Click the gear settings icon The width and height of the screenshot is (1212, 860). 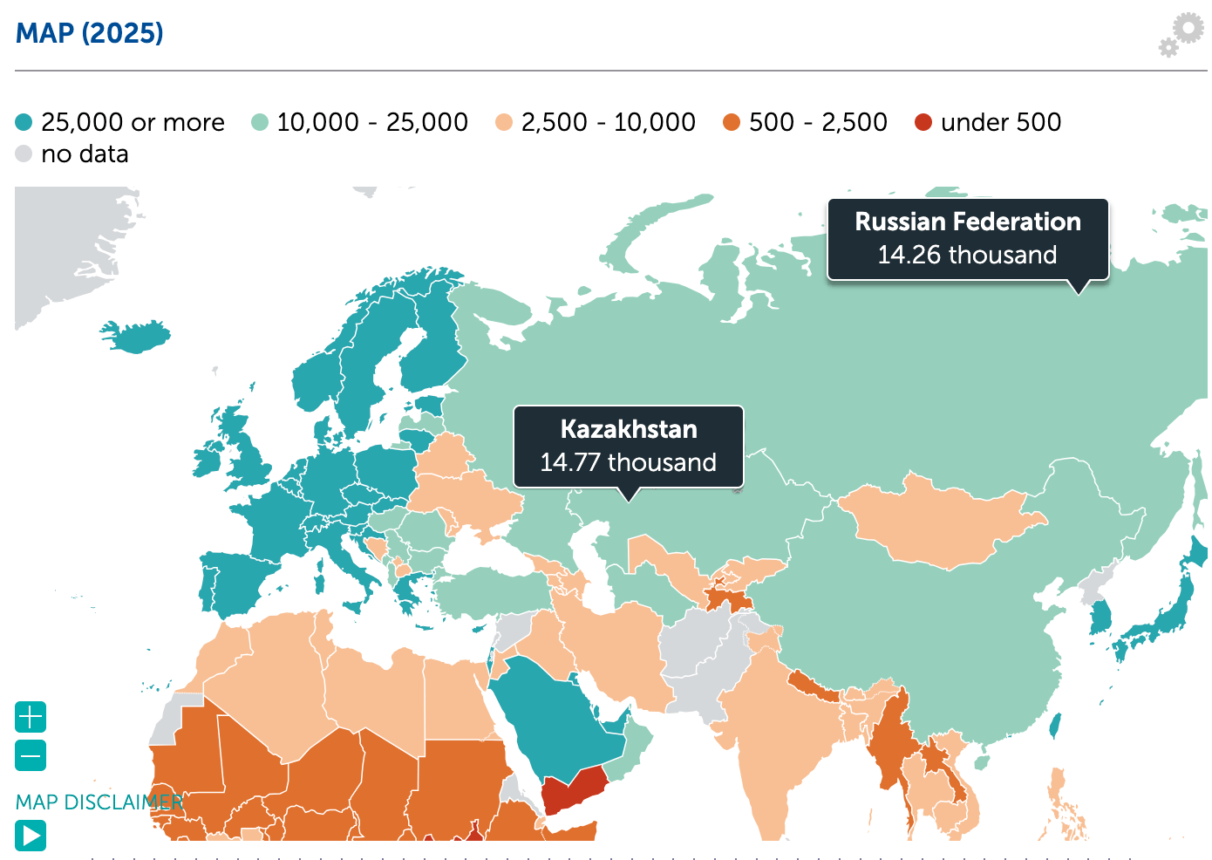tap(1182, 34)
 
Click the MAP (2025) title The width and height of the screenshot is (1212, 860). tap(90, 33)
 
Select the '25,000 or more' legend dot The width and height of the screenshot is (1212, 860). tap(24, 122)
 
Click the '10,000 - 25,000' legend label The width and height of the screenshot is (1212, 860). tap(371, 122)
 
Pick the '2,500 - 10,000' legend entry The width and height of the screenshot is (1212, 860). tap(608, 122)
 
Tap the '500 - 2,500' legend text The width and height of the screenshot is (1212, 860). tap(817, 122)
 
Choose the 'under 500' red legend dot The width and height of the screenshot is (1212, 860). tap(923, 122)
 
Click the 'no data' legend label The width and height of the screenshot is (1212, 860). tap(85, 154)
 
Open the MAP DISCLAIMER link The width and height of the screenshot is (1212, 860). tap(99, 802)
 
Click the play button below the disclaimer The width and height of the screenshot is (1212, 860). tap(31, 836)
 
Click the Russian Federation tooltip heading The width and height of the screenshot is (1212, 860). tap(967, 222)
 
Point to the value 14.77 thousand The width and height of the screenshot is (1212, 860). tap(628, 462)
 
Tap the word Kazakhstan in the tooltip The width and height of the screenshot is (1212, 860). tap(628, 429)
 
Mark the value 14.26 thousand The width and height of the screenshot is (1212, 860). tap(967, 255)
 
